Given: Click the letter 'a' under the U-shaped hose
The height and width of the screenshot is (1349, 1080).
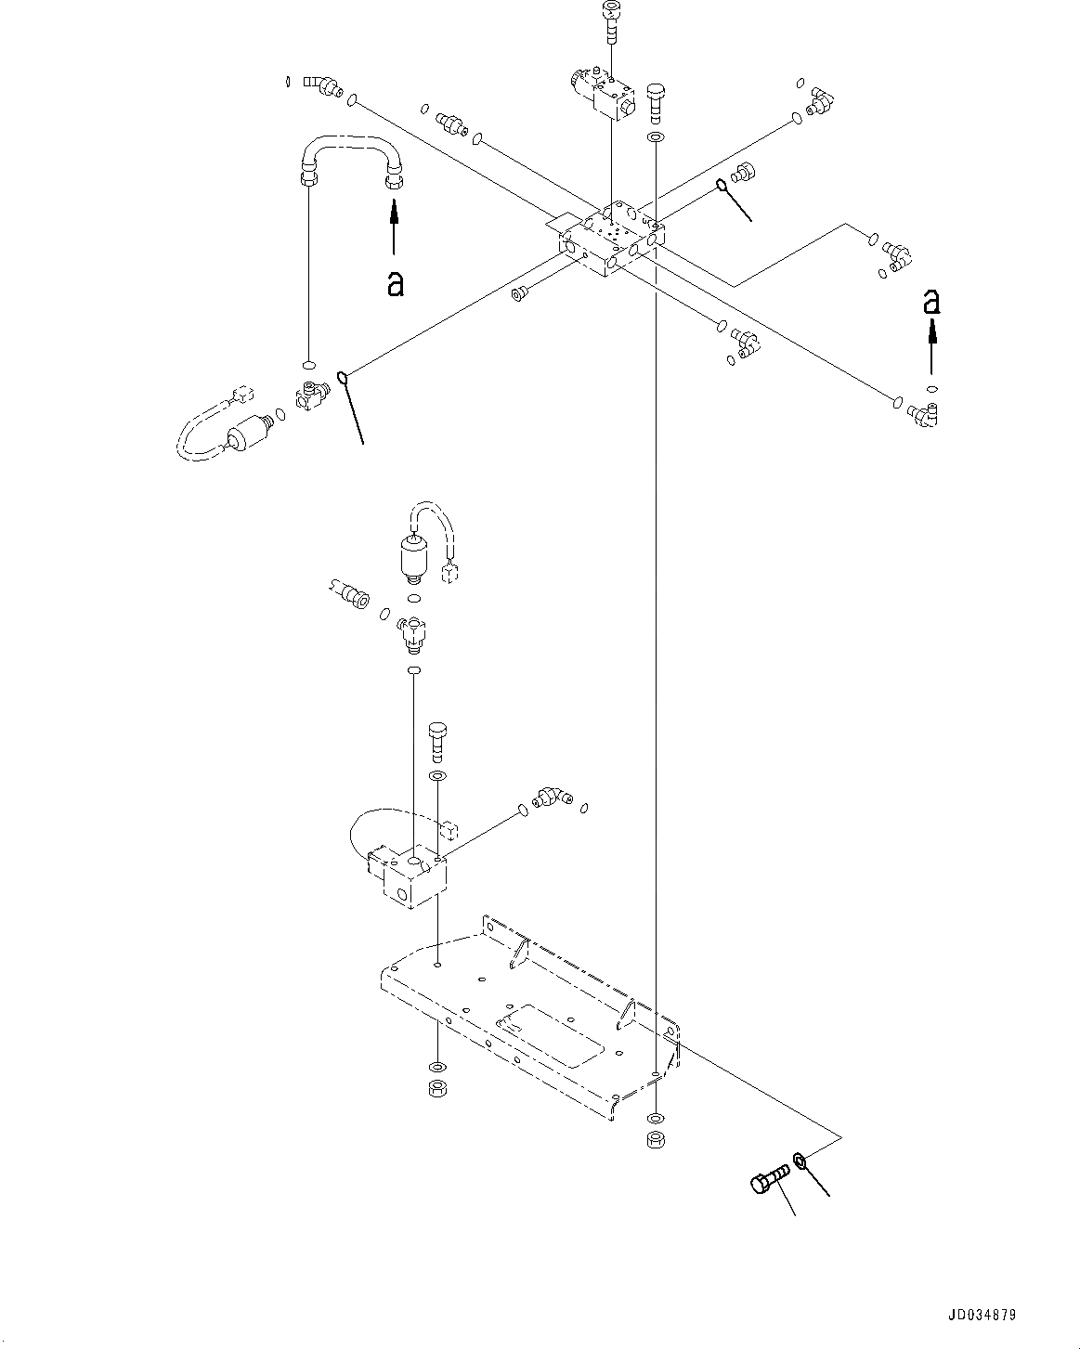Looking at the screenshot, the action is pos(395,284).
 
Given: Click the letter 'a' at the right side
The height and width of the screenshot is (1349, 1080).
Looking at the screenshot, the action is pos(932,302).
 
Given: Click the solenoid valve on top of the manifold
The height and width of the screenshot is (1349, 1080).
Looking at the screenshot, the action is pos(604,94).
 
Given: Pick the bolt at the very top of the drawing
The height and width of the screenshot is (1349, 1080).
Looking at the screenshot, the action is pos(611,23).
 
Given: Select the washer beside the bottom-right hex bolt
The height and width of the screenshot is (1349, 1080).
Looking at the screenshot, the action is pos(800,1161).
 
